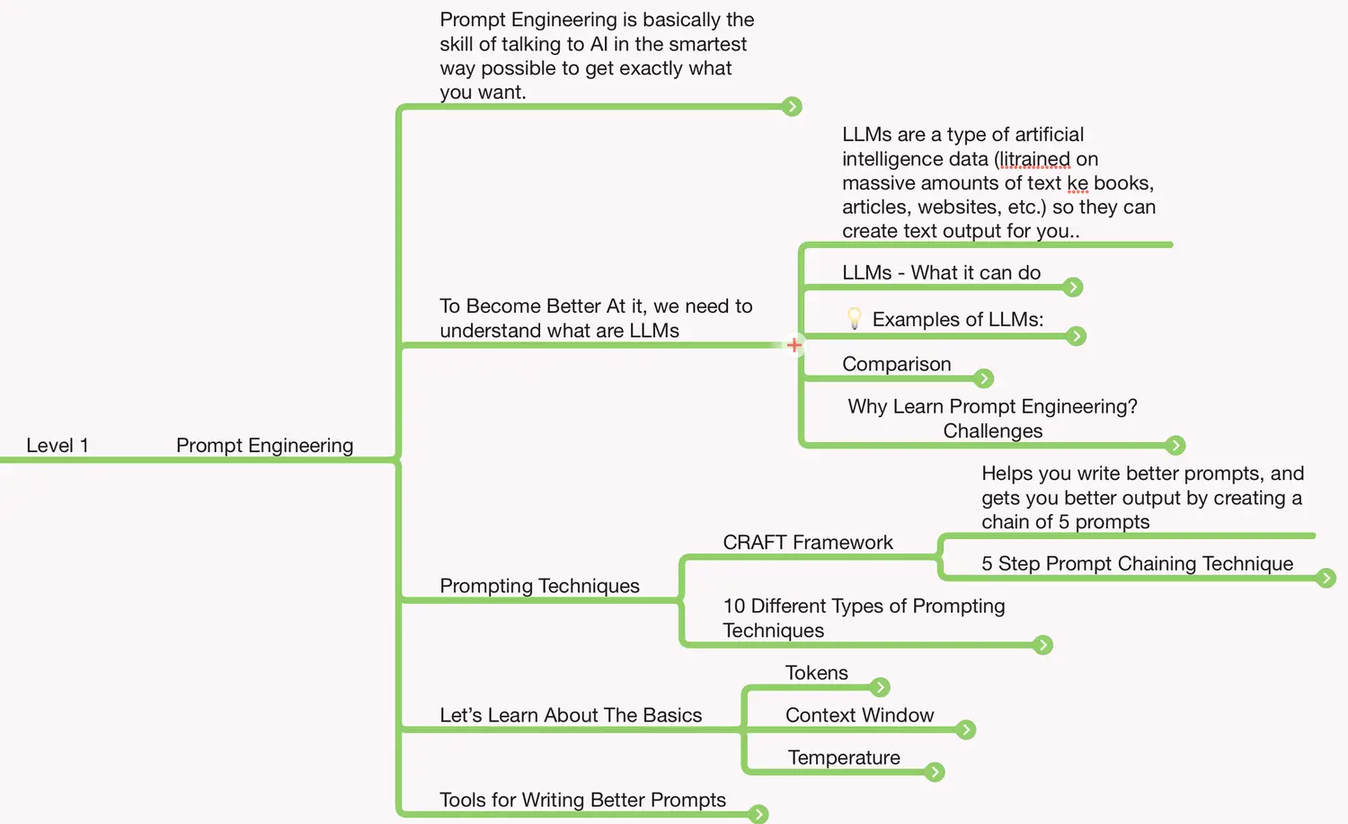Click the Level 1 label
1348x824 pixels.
58,446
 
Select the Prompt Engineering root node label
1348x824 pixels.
264,446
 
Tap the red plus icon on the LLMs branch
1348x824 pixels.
794,345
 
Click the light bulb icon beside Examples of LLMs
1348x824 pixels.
855,318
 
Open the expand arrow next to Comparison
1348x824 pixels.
984,378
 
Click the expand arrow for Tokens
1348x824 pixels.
880,687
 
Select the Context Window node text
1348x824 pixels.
859,715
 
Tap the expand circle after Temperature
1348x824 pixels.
935,772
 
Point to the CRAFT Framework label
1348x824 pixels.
807,543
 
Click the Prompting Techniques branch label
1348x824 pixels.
539,586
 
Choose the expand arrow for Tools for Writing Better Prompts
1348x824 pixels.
758,814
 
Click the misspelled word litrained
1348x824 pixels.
1035,159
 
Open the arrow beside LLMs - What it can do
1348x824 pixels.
1072,287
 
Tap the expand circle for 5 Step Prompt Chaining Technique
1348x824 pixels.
1326,578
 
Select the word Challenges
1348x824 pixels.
992,431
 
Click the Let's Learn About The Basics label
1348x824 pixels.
571,715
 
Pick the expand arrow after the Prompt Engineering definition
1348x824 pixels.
792,106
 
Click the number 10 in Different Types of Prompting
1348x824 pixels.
733,607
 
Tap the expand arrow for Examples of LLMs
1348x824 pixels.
1076,336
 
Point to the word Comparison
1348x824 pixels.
896,364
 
